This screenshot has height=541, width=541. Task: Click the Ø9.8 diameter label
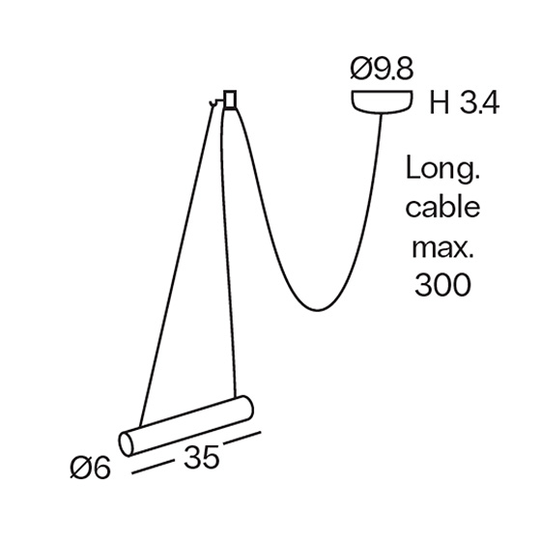pos(382,70)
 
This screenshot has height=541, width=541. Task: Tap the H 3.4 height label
pos(464,103)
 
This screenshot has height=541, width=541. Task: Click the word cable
pos(442,207)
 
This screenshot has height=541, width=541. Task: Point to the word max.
pos(442,247)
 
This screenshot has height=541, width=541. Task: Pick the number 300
pos(442,285)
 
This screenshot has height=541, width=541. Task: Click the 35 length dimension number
pos(202,457)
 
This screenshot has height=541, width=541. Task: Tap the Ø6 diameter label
pos(91,468)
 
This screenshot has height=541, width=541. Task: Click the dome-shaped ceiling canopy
pos(382,101)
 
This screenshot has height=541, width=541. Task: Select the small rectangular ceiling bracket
pos(230,100)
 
